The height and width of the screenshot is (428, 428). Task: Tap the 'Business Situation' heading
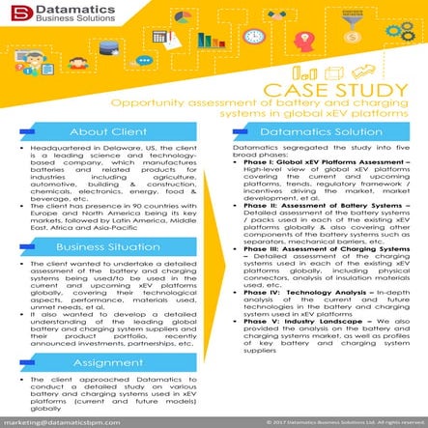pyautogui.click(x=106, y=246)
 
